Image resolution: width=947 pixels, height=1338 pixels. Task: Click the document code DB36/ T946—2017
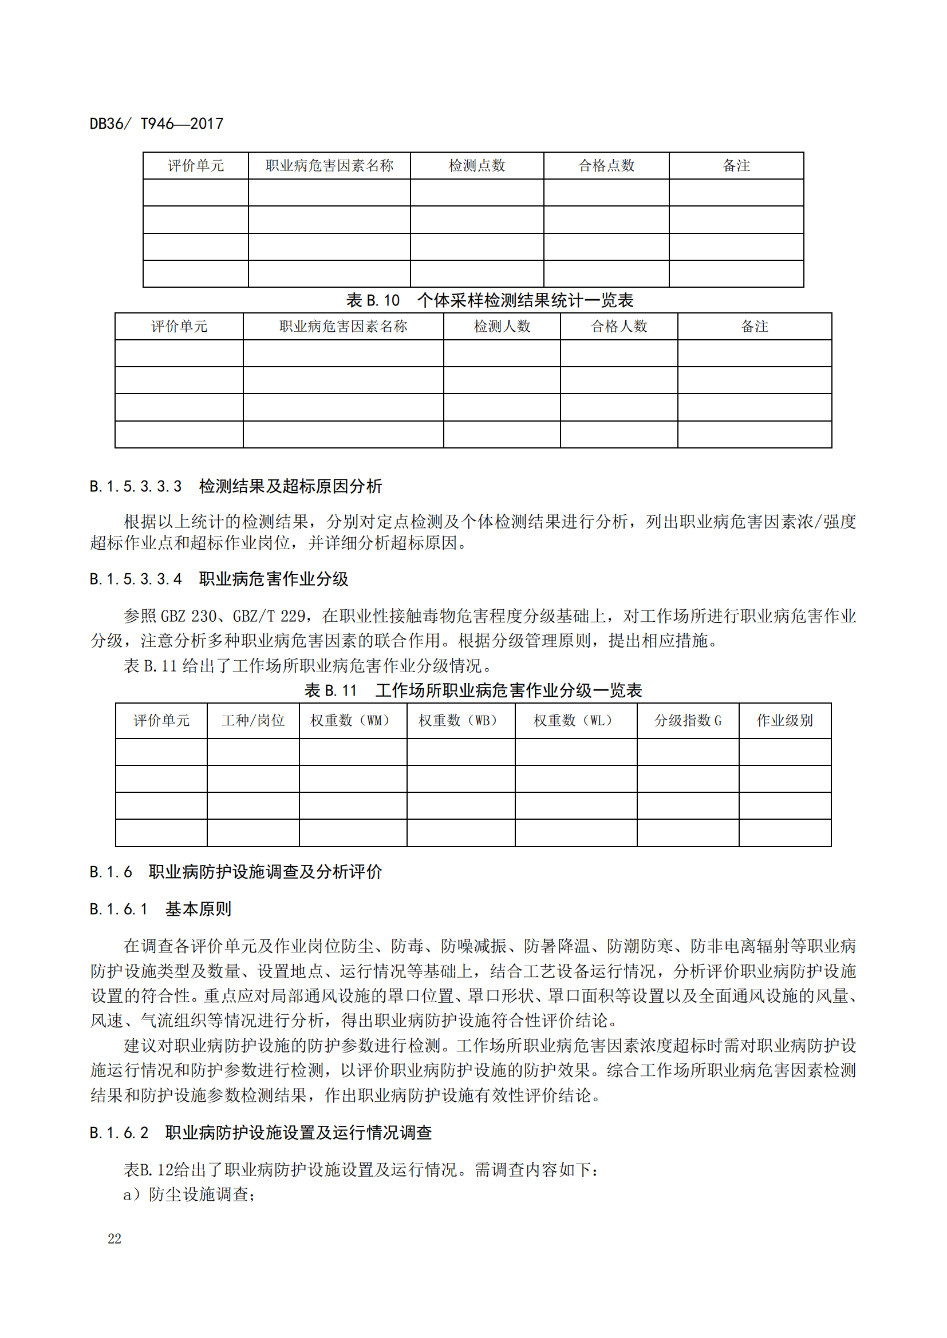click(156, 124)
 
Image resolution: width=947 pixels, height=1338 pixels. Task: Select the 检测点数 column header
click(476, 166)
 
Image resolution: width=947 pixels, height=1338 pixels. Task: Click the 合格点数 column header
click(606, 166)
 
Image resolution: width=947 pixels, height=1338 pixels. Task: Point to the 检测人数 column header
click(502, 326)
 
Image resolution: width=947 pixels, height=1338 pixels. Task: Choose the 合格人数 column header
click(619, 326)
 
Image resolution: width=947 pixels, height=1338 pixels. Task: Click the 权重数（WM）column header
click(352, 721)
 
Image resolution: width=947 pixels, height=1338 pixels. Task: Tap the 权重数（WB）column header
click(460, 721)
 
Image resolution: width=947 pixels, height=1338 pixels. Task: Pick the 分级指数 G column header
click(688, 721)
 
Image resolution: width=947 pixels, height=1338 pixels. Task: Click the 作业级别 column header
click(784, 721)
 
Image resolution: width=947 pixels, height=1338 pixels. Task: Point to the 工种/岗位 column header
click(253, 721)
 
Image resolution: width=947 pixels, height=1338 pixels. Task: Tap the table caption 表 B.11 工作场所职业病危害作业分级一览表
click(473, 690)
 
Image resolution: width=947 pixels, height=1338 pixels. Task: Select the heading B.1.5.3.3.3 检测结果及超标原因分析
click(235, 486)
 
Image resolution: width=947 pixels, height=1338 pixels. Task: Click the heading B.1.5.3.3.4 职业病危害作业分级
click(219, 579)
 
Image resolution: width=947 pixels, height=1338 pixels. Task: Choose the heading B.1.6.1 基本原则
click(160, 908)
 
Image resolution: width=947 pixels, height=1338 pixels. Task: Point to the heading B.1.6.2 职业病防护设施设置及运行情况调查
click(261, 1132)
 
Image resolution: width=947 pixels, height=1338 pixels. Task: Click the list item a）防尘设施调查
click(189, 1194)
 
